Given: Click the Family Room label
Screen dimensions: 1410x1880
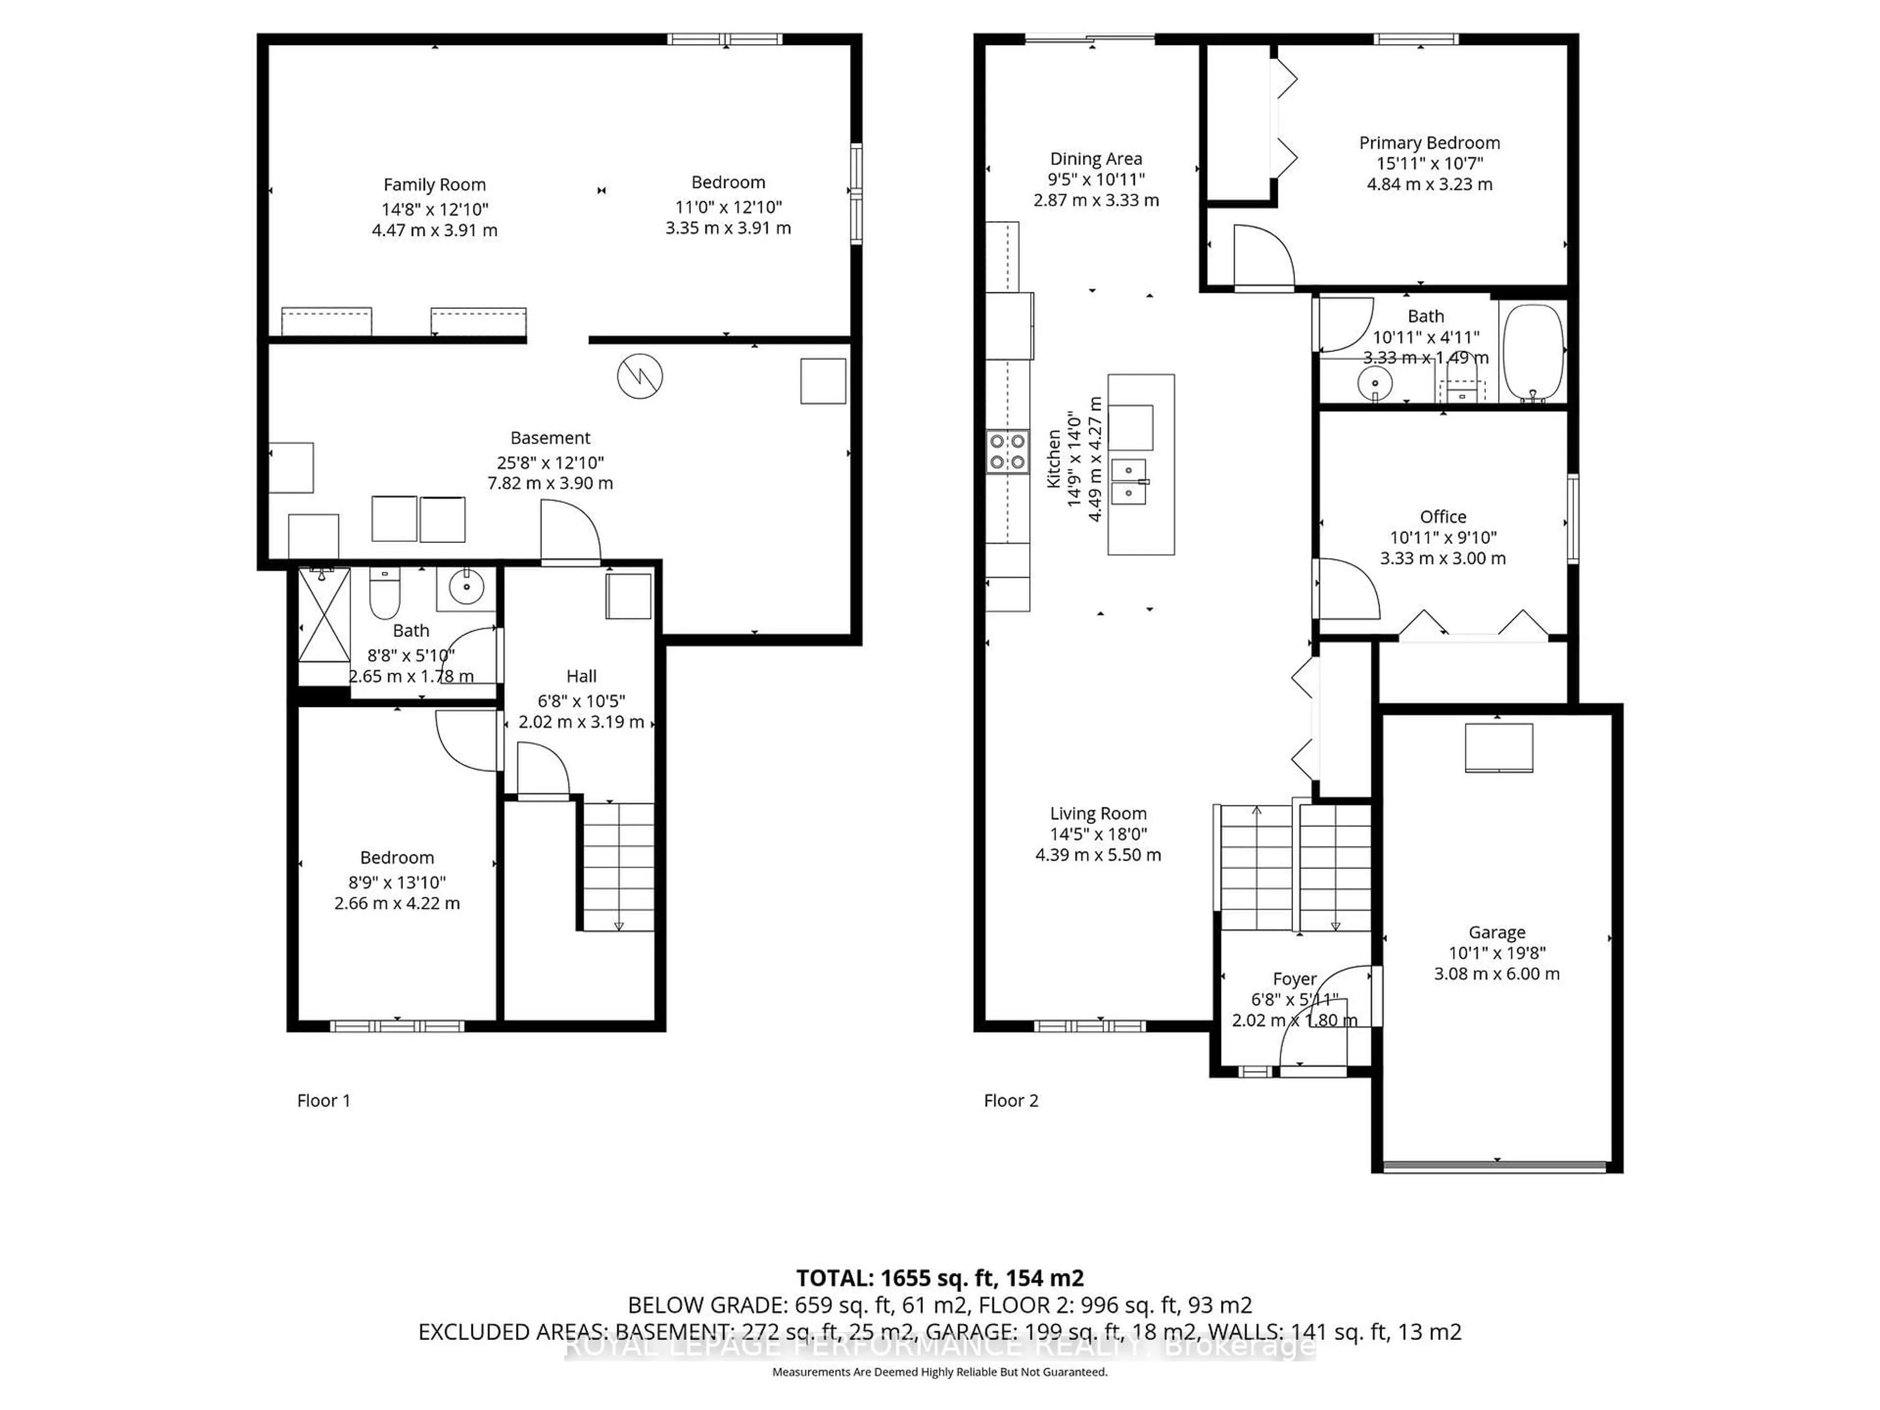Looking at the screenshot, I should tap(434, 185).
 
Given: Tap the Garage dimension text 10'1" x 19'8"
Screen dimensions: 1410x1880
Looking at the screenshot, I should tap(1497, 953).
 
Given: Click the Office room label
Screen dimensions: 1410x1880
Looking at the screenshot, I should tap(1442, 517).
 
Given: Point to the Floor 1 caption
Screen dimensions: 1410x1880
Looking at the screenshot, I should tap(323, 1101).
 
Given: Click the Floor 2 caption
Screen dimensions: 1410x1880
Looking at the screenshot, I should tap(1010, 1101).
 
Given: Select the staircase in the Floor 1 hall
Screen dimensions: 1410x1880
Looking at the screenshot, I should tap(618, 867).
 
